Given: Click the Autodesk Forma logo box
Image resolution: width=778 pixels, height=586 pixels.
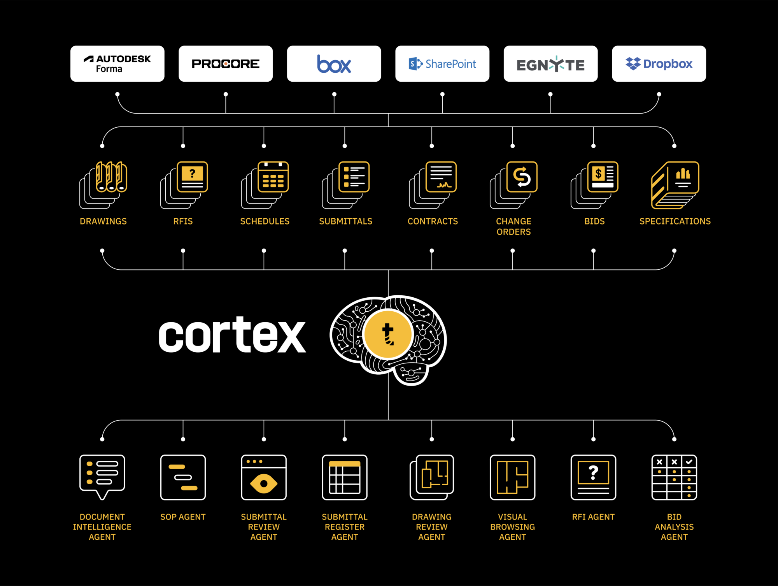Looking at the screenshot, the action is pos(117,63).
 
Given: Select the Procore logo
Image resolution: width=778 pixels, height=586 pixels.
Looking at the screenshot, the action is pos(226,63).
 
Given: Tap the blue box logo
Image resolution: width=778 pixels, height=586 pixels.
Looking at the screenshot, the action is pos(334,64).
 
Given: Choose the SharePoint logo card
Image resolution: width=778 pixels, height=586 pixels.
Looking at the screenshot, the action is pos(442,63).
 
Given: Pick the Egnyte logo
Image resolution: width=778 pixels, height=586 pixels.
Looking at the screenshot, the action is pos(550,64).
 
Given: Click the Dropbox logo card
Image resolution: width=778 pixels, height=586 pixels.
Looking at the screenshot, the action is pos(659,63).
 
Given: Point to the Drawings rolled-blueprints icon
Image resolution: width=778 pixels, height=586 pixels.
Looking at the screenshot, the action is pos(103,185).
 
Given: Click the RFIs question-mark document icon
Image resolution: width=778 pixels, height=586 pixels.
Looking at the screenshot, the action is pos(184,185).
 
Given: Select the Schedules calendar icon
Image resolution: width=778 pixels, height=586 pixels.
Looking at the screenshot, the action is pos(265,185).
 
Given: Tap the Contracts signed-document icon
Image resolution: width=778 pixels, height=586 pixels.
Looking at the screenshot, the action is pos(433,185).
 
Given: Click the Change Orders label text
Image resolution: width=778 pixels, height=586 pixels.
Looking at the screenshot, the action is pos(513,226).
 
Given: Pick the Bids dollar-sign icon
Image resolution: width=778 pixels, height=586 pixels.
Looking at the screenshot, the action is pos(594,185).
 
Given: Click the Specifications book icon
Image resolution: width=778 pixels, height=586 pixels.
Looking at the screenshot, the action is pos(675,185).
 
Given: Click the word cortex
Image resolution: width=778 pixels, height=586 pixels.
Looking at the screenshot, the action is pos(232,335).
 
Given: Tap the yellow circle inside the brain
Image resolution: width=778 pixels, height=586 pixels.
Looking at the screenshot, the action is pos(388,334).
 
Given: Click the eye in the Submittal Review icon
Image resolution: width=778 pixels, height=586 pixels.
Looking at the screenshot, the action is pos(264,484).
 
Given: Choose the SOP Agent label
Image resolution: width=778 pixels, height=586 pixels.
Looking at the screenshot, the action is pos(183,517).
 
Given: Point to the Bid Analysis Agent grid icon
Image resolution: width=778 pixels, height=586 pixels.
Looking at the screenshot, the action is pos(674,477).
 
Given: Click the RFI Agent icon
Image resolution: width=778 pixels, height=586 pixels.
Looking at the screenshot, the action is pos(593,477).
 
